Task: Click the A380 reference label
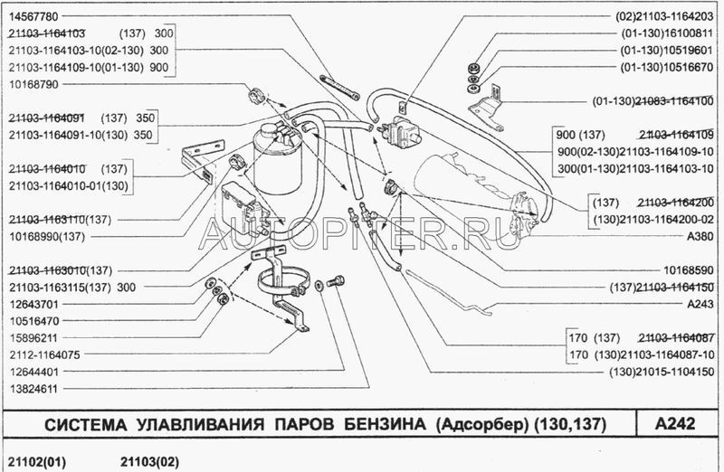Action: coord(699,235)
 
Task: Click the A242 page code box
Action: coord(673,424)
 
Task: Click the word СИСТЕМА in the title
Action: coord(82,424)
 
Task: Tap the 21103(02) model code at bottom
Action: coord(149,460)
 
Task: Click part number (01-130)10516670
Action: coord(668,66)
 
